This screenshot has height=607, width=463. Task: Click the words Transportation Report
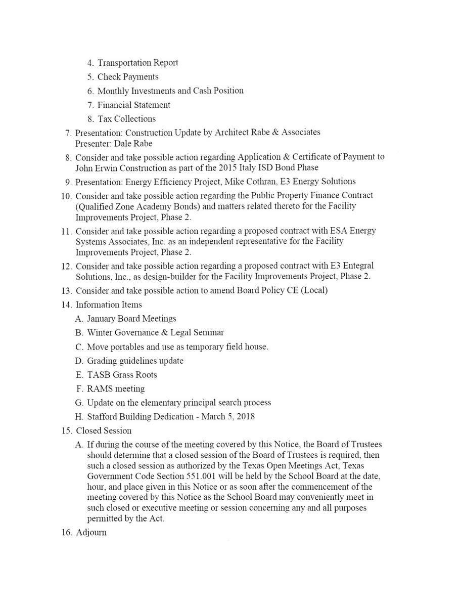coord(137,63)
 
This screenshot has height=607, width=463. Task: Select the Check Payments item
coord(128,77)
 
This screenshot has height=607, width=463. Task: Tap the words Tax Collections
coord(126,119)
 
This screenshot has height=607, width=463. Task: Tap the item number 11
coord(67,231)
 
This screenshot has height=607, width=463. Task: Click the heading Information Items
coord(109,305)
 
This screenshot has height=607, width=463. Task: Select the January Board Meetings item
coord(131,319)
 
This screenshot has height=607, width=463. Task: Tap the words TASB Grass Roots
coord(122,375)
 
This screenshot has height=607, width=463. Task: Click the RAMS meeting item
coord(116,389)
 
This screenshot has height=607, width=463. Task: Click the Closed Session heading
coord(104,431)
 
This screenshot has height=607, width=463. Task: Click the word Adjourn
coord(91,533)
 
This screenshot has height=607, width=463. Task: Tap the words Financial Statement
coord(133,105)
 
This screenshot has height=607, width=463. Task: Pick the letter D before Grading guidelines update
coord(79,361)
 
